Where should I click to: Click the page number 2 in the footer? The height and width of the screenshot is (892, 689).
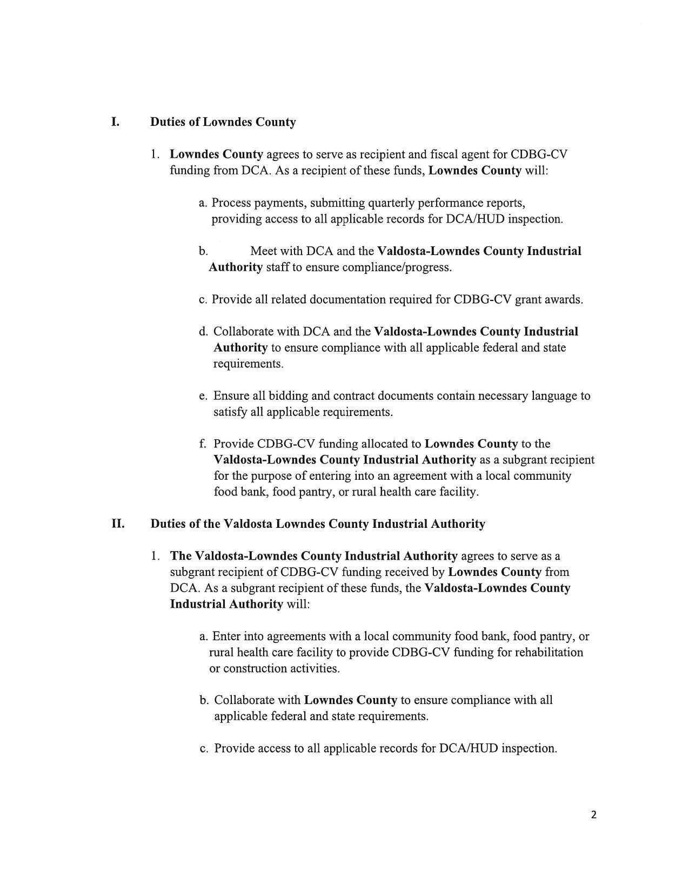pos(594,815)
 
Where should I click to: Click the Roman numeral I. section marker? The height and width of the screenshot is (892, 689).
pos(115,122)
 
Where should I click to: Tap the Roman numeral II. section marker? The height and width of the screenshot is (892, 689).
pos(118,524)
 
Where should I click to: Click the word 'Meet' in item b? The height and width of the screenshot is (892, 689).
pos(263,251)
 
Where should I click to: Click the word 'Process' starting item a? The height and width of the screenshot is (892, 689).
pos(231,203)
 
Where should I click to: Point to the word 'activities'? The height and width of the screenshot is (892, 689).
pos(313,668)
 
